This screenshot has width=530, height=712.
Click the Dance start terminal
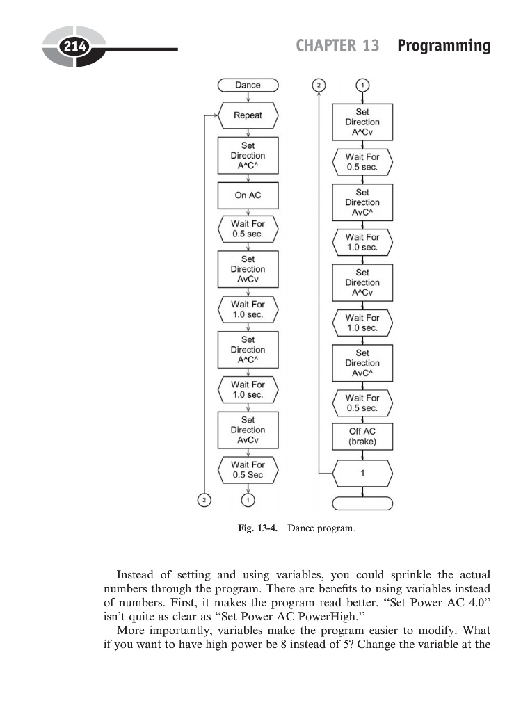[248, 85]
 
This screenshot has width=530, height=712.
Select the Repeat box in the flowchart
[248, 115]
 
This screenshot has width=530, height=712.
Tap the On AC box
[248, 195]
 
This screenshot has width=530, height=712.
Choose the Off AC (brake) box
[362, 436]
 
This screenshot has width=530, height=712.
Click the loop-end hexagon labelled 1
[362, 474]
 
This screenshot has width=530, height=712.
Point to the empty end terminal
[362, 503]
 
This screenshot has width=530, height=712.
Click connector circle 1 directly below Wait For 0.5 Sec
[248, 499]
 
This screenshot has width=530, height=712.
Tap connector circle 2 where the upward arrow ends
[319, 85]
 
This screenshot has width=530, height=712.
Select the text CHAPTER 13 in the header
[337, 46]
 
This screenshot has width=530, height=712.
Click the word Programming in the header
[444, 46]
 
